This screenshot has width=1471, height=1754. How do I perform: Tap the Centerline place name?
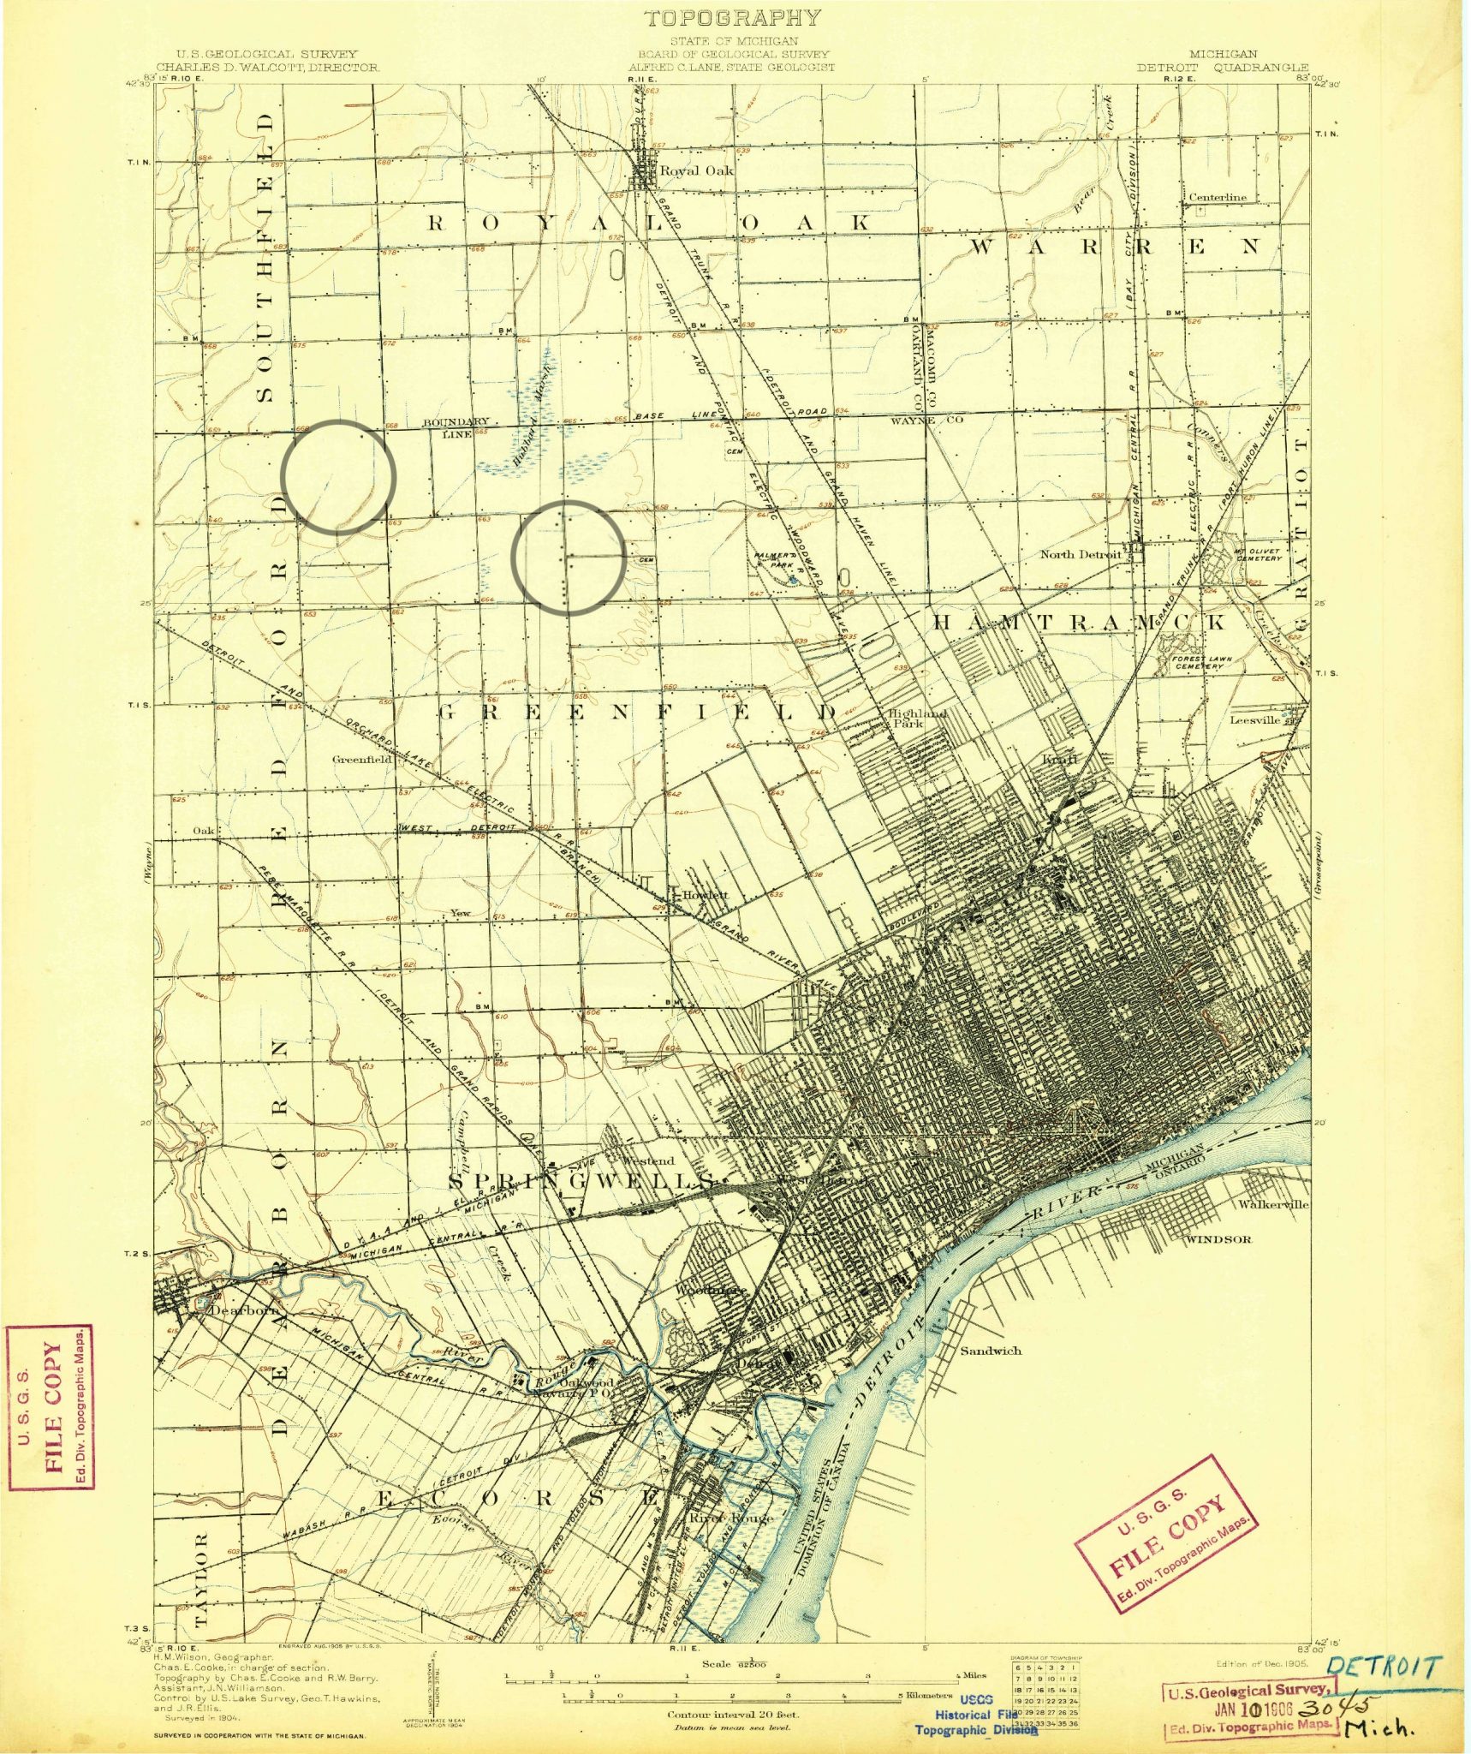(1217, 197)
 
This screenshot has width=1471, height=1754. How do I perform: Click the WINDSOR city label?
(1218, 1238)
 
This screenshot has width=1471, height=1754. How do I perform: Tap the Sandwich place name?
(990, 1351)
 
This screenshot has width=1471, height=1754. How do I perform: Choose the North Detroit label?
(1080, 554)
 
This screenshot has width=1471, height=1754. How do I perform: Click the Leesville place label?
(1256, 720)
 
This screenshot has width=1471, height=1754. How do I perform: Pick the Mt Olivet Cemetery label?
(1257, 554)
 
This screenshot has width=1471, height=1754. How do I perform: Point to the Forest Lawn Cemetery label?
(1207, 662)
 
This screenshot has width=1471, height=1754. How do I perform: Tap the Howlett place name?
(705, 895)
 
